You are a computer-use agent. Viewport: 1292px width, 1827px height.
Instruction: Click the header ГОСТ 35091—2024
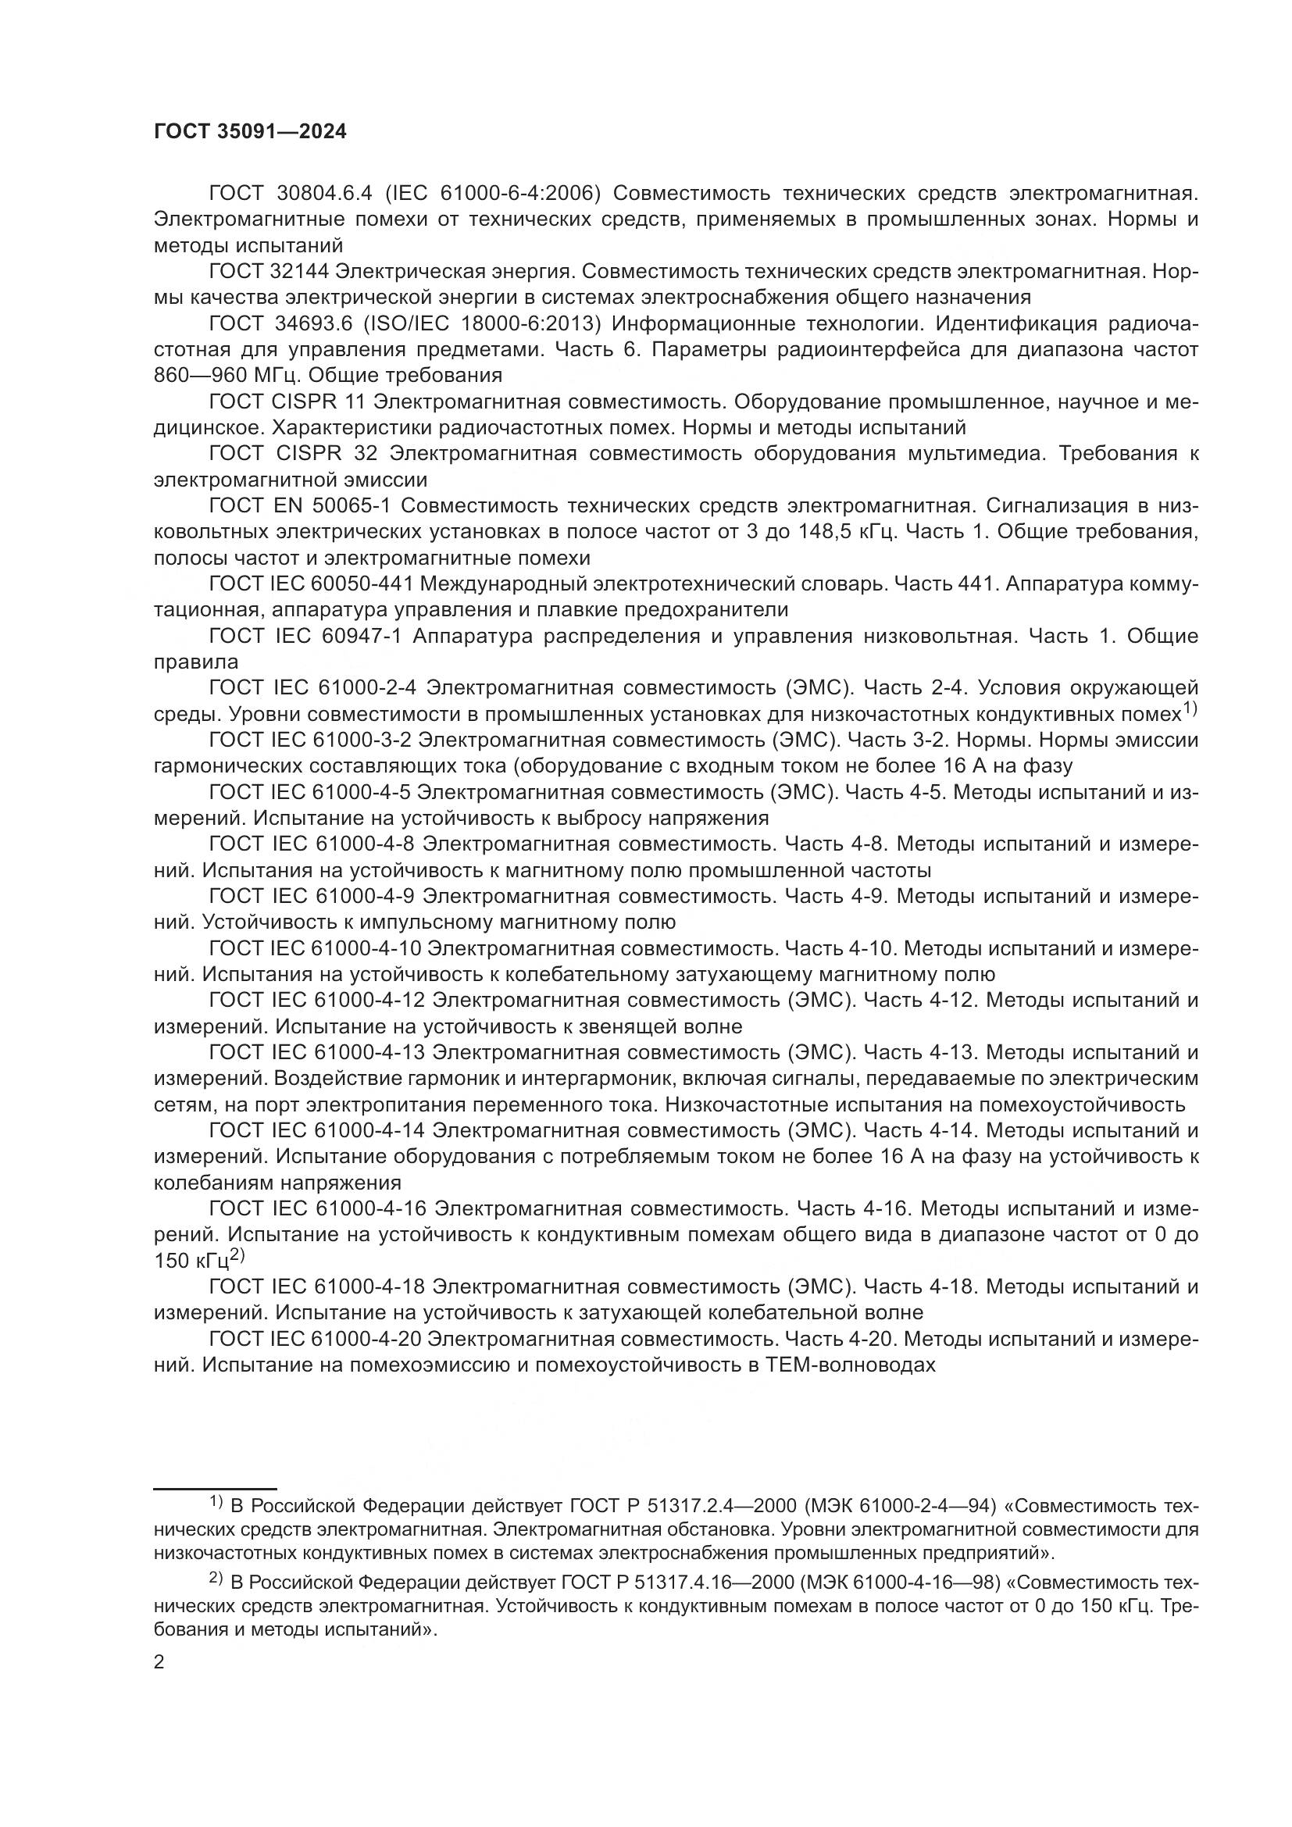[x=250, y=132]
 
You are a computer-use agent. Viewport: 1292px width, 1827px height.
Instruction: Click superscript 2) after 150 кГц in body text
[x=237, y=1256]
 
